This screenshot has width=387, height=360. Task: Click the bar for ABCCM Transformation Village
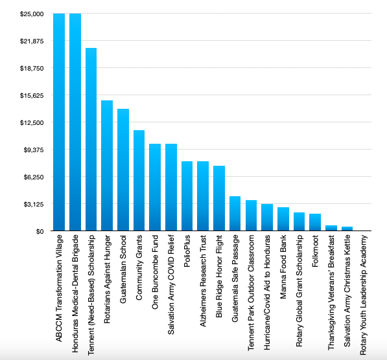(x=59, y=122)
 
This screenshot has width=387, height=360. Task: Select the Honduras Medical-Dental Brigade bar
(x=75, y=122)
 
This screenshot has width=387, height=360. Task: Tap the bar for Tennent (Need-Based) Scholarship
(x=91, y=139)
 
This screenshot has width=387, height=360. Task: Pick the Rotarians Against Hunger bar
(x=107, y=166)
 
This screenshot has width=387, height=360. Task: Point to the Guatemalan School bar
(x=123, y=170)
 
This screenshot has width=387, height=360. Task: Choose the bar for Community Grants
(x=139, y=181)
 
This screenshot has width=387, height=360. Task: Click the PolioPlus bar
(x=187, y=196)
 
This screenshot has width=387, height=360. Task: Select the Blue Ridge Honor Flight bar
(x=219, y=198)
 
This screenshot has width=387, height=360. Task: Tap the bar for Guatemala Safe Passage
(x=235, y=214)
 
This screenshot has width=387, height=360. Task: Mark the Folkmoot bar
(x=315, y=222)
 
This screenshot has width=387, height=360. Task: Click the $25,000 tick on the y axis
(x=32, y=14)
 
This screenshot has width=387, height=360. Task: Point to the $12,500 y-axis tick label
(x=32, y=123)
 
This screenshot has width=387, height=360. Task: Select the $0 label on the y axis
(x=40, y=232)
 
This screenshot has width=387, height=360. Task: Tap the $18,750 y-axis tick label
(x=32, y=68)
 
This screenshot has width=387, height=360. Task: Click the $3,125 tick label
(x=34, y=205)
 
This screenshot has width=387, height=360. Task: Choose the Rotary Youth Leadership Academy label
(x=363, y=295)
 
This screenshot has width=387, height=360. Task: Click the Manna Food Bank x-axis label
(x=283, y=267)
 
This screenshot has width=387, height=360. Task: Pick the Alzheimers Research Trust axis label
(x=203, y=281)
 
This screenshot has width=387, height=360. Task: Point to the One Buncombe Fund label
(x=155, y=272)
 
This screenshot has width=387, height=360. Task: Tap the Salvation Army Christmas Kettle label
(x=347, y=291)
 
